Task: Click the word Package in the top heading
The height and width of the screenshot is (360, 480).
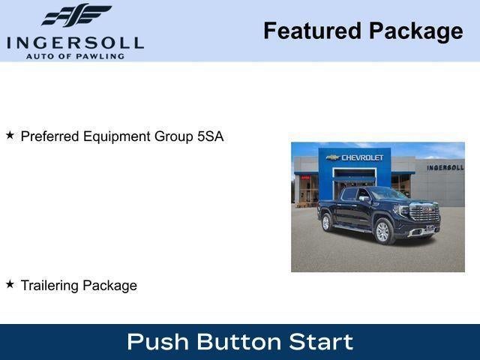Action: [x=415, y=31]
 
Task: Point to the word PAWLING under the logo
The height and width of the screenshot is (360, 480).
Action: [x=100, y=55]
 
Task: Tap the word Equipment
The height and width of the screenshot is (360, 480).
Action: [x=115, y=136]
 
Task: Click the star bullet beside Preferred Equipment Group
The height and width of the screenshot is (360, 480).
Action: [x=10, y=136]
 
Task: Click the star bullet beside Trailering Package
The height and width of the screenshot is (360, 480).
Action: [x=10, y=284]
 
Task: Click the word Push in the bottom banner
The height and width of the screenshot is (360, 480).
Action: [x=157, y=342]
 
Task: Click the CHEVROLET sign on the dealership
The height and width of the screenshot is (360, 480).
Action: [x=362, y=157]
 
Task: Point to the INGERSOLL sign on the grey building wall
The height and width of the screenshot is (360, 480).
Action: [x=445, y=167]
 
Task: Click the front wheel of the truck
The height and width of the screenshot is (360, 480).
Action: [x=383, y=231]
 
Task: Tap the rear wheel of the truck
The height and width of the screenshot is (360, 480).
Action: [x=327, y=222]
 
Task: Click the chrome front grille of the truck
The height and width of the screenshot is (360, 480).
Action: [x=424, y=214]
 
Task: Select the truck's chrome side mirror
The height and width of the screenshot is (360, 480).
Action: [x=364, y=199]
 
